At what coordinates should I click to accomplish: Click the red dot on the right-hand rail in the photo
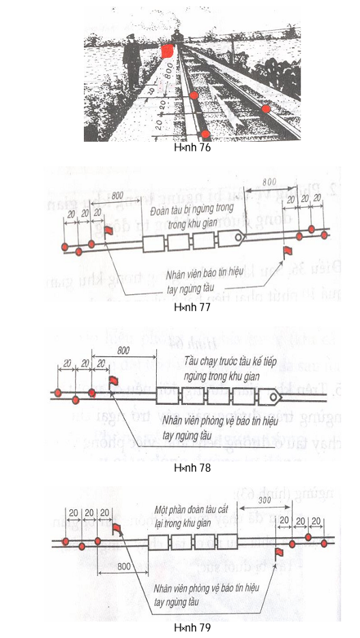pyautogui.click(x=266, y=108)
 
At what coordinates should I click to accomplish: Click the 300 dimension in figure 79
pyautogui.click(x=268, y=501)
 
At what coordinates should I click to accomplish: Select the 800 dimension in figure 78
pyautogui.click(x=124, y=350)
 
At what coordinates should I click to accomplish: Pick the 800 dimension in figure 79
pyautogui.click(x=123, y=566)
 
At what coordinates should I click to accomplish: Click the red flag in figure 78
pyautogui.click(x=114, y=382)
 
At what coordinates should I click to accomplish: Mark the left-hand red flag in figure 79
pyautogui.click(x=115, y=528)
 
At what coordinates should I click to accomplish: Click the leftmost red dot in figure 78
pyautogui.click(x=59, y=394)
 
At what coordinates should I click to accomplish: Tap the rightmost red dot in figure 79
pyautogui.click(x=325, y=543)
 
